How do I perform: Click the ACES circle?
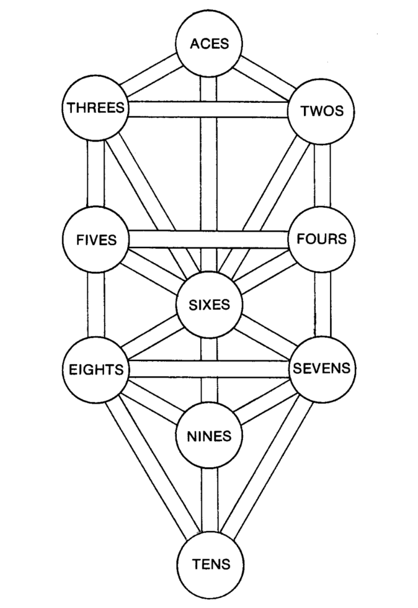click(209, 43)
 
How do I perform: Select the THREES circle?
click(96, 108)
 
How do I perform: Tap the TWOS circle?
click(321, 111)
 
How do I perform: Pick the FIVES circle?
click(96, 240)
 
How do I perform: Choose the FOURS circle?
click(321, 240)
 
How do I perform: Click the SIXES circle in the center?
click(209, 305)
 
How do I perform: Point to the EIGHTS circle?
click(96, 369)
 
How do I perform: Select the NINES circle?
click(209, 437)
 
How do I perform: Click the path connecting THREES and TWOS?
click(208, 109)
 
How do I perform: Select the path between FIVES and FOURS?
click(208, 239)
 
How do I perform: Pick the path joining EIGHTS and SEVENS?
click(208, 369)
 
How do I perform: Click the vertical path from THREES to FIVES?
click(96, 174)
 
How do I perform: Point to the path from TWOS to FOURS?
click(322, 176)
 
